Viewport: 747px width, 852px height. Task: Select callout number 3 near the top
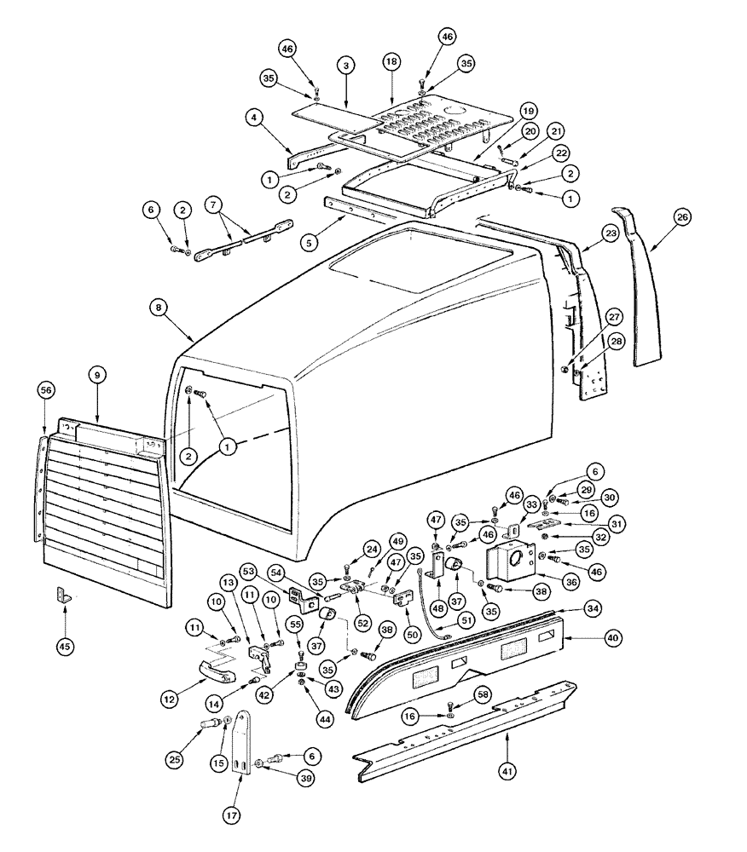(x=345, y=66)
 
